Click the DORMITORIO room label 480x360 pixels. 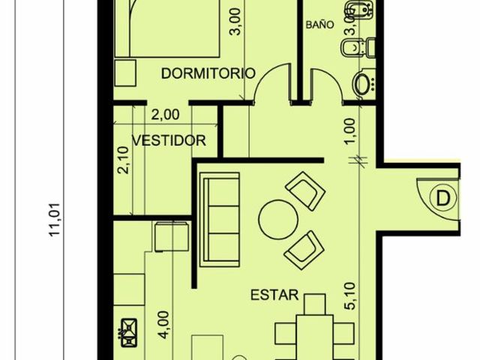pos(208,73)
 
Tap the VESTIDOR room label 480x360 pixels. pos(169,140)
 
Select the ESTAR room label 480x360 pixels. pos(274,295)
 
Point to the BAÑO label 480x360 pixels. pos(319,25)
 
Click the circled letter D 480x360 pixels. pos(443,198)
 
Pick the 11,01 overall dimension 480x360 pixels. pos(54,220)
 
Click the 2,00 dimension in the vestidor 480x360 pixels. pos(165,115)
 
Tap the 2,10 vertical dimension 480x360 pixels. pos(124,160)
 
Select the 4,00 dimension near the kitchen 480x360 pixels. pos(164,325)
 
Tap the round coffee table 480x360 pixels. pos(278,220)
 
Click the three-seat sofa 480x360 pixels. pos(220,220)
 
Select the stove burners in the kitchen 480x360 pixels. pos(129,333)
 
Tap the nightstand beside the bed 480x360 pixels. pos(125,73)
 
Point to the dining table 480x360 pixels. pos(315,337)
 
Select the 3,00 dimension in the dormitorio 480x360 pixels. pos(237,22)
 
